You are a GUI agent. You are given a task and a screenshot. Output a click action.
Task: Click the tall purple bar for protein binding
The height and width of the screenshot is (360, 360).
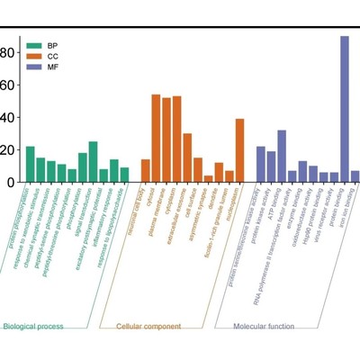tap(345, 109)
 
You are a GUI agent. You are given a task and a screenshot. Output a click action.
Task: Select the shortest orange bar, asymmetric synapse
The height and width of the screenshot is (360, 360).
tap(208, 178)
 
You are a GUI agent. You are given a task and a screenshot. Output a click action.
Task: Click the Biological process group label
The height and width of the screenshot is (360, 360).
tap(33, 326)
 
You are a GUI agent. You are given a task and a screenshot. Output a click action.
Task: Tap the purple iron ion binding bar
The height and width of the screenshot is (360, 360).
tap(355, 176)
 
